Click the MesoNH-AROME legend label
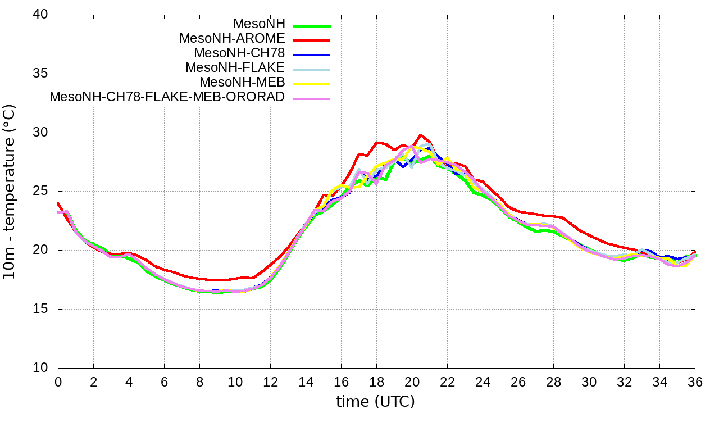[232, 39]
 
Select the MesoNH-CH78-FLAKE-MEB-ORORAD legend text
[167, 97]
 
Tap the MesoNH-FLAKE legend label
[235, 67]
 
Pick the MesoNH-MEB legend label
[243, 82]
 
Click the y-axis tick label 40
[40, 15]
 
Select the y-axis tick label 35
[40, 74]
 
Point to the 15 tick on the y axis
[40, 309]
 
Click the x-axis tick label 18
[376, 381]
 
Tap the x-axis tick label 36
[695, 381]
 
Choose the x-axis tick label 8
[199, 381]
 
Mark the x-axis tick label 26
[518, 381]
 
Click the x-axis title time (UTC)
[375, 402]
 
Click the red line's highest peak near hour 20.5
[421, 135]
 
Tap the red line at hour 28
[553, 216]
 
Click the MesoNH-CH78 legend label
[239, 53]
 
